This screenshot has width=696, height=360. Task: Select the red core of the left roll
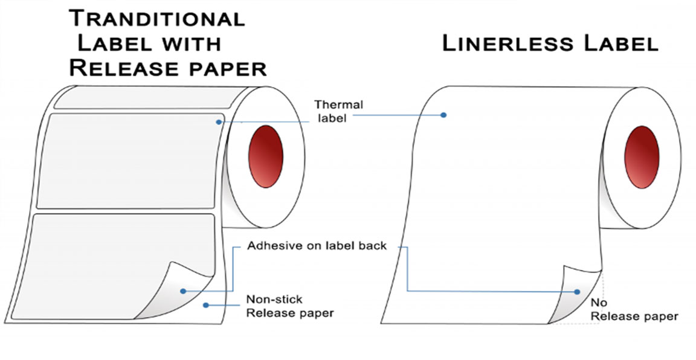coord(266,156)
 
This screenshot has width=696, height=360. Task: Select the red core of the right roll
coord(641,156)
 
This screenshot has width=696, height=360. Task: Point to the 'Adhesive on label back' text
coord(317,246)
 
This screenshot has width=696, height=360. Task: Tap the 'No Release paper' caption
coord(634,309)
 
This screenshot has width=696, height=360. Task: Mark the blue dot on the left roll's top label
coord(219,122)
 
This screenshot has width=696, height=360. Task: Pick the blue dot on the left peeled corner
coord(182,291)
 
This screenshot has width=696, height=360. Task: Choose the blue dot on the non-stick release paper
coord(206,306)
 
